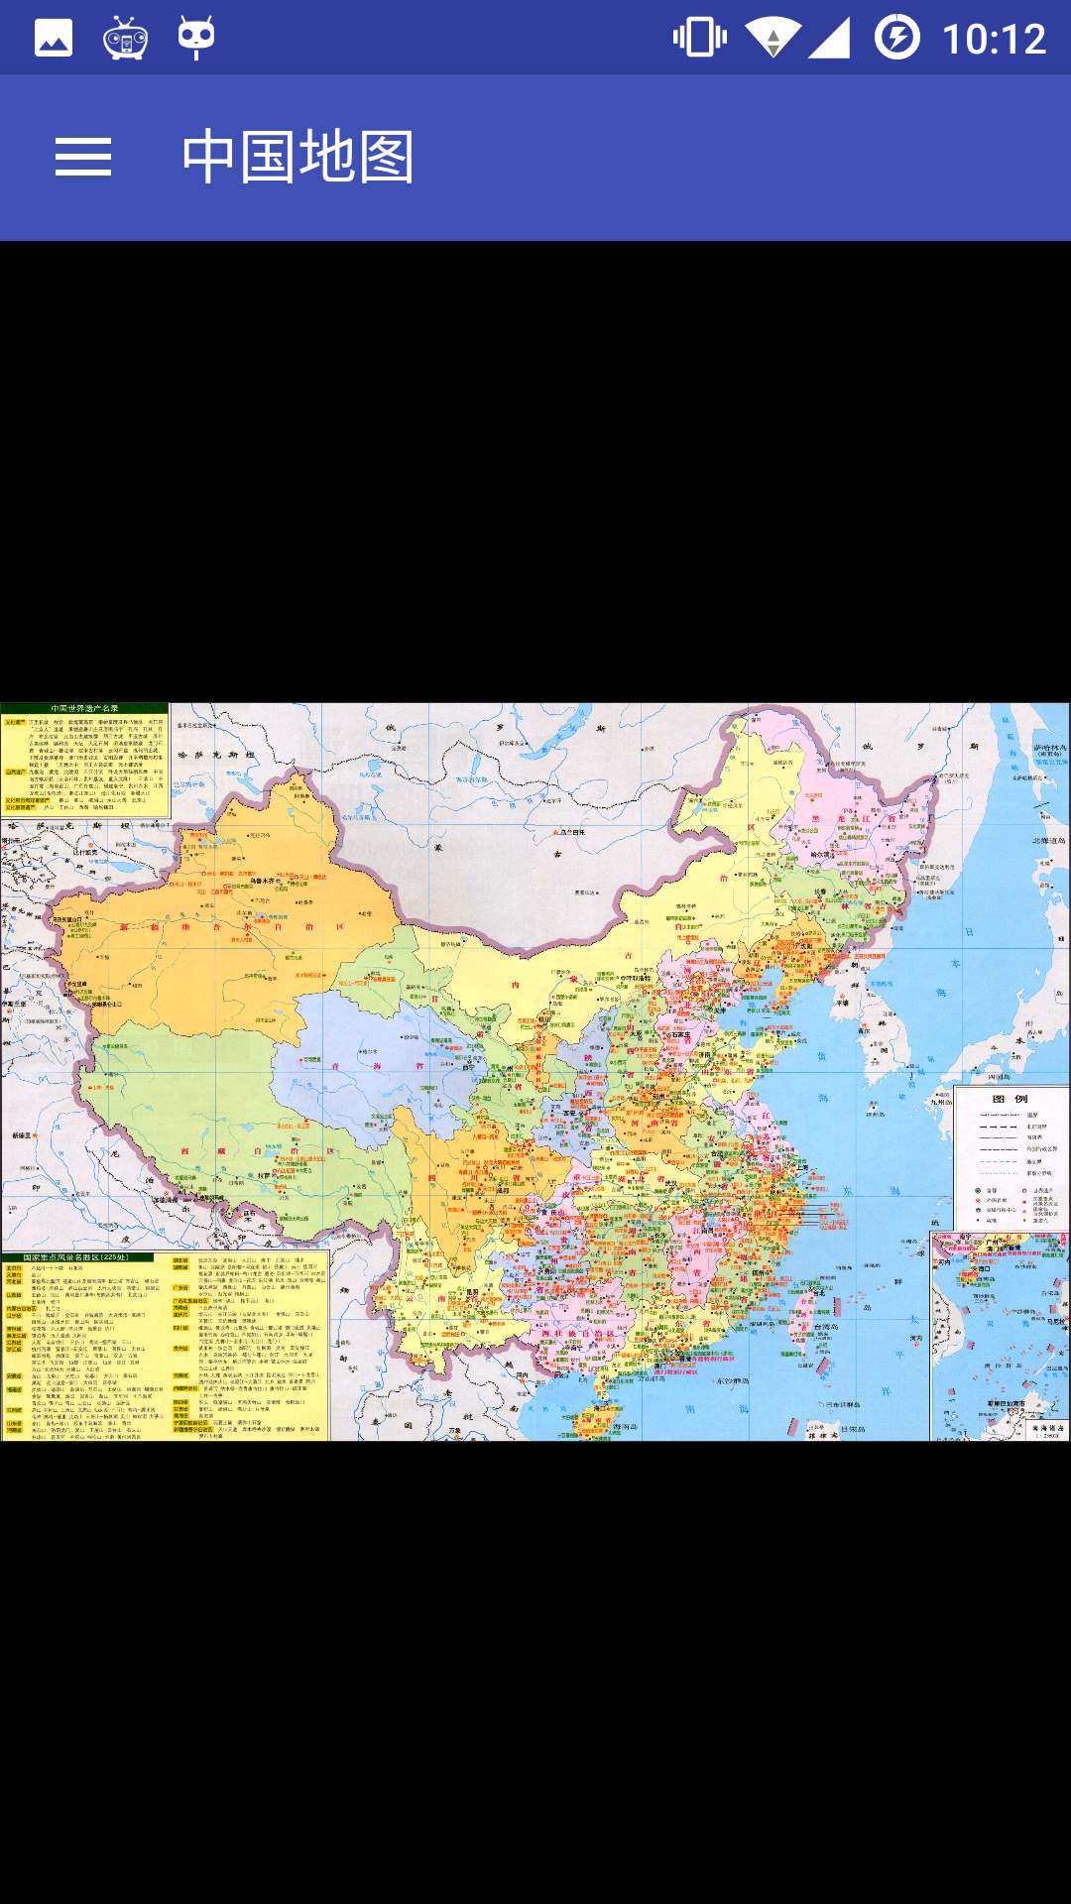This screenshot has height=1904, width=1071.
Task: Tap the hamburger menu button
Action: pos(83,158)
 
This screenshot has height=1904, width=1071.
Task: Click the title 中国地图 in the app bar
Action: pos(297,157)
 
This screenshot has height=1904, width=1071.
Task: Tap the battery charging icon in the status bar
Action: pos(896,38)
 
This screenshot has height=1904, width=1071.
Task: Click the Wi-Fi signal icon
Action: pos(773,38)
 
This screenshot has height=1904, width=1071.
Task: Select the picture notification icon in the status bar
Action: pos(54,38)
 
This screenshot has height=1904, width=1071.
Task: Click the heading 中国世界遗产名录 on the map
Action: pos(84,708)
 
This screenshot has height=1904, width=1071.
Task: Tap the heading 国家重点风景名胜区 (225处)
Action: pos(76,1257)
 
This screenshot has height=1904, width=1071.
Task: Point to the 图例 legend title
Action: pos(1011,1099)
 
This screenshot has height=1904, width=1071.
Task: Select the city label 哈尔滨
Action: pos(822,854)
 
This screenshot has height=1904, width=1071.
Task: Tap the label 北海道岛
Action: pos(1048,841)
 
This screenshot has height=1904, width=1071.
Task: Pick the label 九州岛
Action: pos(939,1101)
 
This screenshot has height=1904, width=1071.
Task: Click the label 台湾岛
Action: pos(827,1327)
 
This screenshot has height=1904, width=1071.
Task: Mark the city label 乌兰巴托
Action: pos(572,833)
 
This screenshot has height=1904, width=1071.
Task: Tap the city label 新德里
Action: pos(22,1135)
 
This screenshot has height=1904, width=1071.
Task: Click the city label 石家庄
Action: pos(678,1034)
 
